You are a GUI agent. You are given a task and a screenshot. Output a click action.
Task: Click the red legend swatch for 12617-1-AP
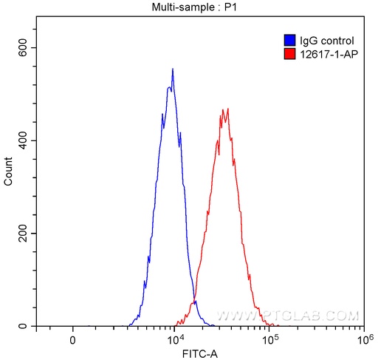[289, 53]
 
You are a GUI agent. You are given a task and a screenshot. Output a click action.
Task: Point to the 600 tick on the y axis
[24, 47]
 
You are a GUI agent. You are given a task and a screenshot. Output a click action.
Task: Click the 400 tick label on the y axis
[24, 140]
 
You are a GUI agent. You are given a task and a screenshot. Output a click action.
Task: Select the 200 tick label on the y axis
[24, 234]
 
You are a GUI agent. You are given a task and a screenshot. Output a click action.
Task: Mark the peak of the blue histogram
[173, 69]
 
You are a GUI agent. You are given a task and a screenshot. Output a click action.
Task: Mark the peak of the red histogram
[227, 109]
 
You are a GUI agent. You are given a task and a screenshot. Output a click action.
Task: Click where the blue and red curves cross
[194, 302]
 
